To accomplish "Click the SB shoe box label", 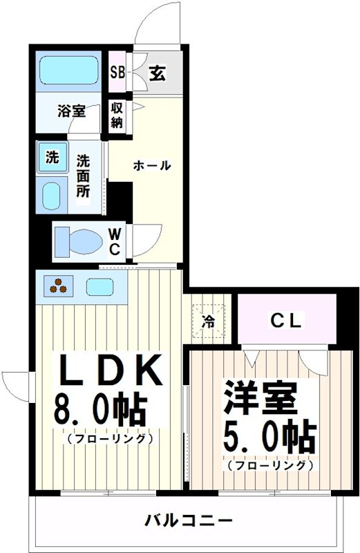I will click(118, 71).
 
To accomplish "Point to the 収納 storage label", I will click(117, 115).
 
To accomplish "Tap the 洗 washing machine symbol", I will click(53, 157).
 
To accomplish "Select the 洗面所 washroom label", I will click(83, 176).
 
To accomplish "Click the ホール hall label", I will click(152, 166).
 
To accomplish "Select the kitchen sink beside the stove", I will click(100, 285).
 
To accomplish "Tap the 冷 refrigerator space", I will click(209, 321).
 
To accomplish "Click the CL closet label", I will click(285, 319).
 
